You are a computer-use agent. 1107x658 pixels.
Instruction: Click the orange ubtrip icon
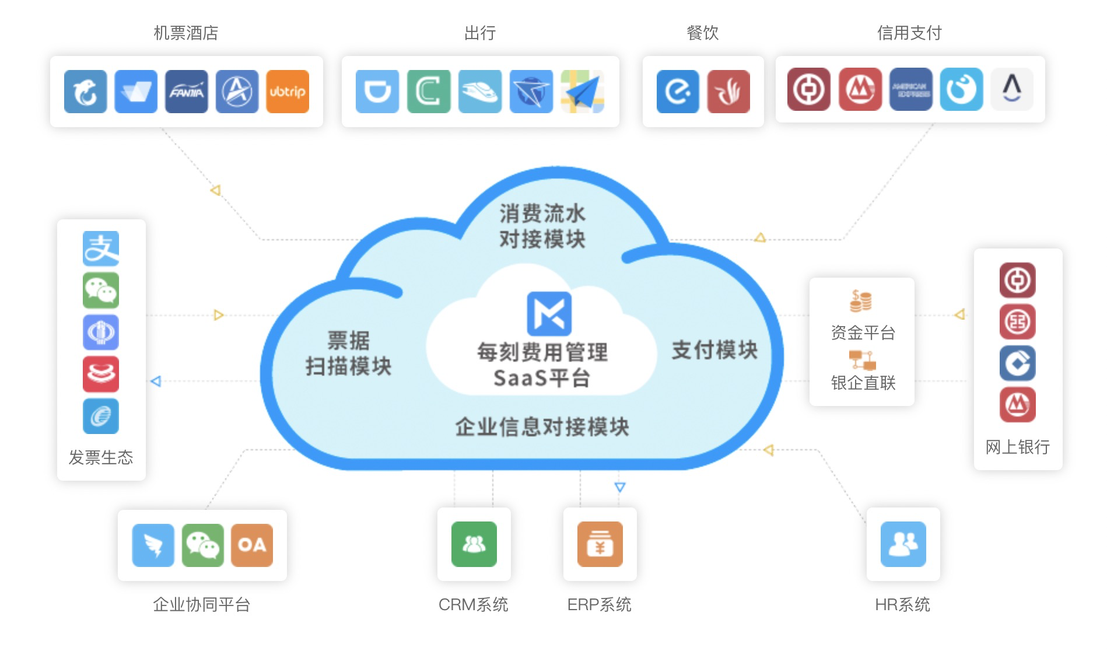click(287, 92)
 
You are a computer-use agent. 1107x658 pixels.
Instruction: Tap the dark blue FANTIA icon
click(186, 92)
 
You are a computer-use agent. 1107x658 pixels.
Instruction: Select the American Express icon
click(910, 90)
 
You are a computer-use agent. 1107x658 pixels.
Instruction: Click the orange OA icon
click(252, 545)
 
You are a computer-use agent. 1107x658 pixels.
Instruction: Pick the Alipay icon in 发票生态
click(101, 249)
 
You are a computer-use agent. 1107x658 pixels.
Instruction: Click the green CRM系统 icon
click(474, 544)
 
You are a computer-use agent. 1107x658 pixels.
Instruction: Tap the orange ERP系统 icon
click(600, 544)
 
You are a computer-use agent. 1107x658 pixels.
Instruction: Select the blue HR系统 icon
click(903, 544)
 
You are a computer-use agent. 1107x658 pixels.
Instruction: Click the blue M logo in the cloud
click(549, 313)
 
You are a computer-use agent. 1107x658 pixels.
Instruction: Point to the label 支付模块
click(714, 350)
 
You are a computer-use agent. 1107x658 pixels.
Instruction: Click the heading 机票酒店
click(186, 33)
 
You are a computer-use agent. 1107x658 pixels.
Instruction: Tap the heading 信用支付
click(909, 33)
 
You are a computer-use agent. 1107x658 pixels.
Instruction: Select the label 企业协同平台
click(202, 604)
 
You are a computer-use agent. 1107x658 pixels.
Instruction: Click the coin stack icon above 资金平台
click(861, 301)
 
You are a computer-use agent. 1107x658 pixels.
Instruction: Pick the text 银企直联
click(863, 383)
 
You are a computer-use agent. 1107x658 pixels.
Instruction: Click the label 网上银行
click(1018, 447)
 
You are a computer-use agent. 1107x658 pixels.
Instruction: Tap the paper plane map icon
click(582, 92)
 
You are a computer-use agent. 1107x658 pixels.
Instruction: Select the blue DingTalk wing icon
click(153, 545)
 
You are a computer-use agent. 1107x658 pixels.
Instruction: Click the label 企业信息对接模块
click(542, 427)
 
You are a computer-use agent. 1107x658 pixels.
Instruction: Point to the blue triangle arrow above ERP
click(620, 487)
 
